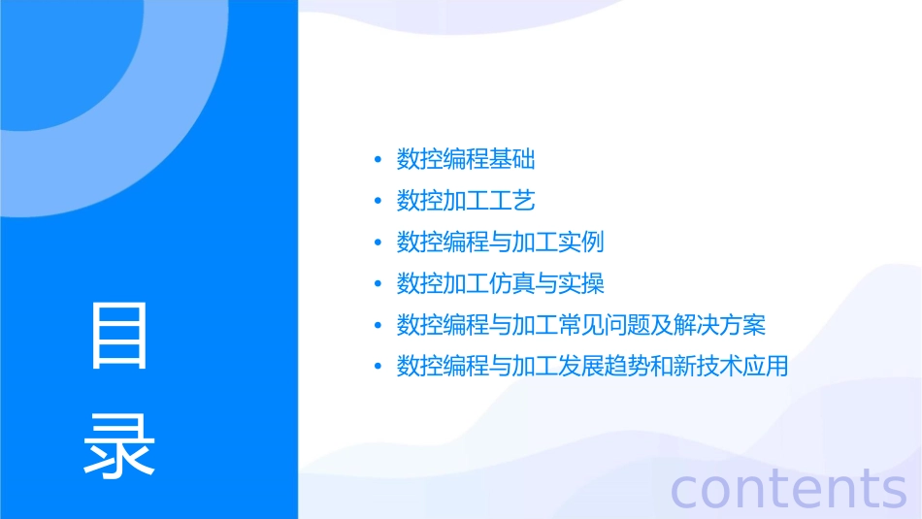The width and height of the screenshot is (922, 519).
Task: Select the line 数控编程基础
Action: (x=466, y=159)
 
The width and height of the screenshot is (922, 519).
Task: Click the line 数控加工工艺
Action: (x=466, y=201)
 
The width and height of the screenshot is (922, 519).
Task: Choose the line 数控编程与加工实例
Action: (x=501, y=243)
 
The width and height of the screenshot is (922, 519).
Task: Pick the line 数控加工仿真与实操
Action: (x=501, y=283)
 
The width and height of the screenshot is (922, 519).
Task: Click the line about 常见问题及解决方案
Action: (x=581, y=325)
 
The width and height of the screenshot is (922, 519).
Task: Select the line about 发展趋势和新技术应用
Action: (x=592, y=367)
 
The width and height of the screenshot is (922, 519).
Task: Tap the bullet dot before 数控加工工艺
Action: (x=378, y=201)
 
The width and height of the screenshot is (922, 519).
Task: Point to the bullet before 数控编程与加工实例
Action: (x=378, y=243)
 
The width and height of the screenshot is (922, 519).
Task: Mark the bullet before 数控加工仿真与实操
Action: (x=378, y=284)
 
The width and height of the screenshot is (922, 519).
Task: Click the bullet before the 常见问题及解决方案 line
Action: (x=378, y=325)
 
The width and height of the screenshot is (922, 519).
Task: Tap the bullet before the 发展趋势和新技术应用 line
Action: (x=378, y=367)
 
